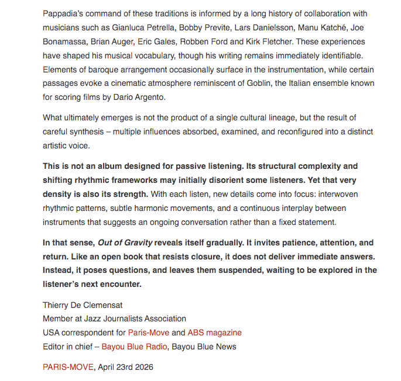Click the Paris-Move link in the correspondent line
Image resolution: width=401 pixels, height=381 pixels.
[148, 332]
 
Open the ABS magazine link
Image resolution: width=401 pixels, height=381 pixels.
[214, 332]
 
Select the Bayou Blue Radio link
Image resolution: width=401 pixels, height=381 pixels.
[135, 347]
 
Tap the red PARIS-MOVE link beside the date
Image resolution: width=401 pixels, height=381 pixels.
[68, 367]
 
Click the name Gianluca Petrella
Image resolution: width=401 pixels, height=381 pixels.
[145, 27]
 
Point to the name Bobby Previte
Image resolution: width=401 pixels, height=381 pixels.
[205, 27]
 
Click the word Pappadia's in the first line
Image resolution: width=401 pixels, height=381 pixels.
[64, 13]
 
